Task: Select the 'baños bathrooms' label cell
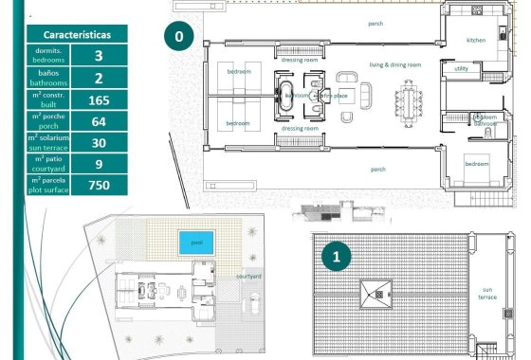tap(48, 78)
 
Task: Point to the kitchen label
tap(476, 41)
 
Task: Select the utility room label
tap(462, 68)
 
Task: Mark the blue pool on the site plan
tap(197, 243)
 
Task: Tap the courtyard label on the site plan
tap(249, 276)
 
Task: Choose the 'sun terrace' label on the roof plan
tap(488, 294)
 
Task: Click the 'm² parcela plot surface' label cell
tap(48, 185)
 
